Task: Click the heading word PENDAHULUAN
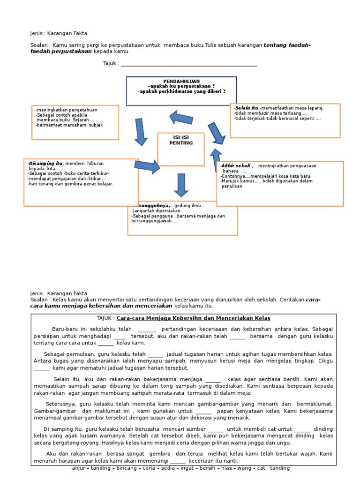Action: point(181,82)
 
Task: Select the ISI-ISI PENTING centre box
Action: point(180,149)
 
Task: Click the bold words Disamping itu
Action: point(46,163)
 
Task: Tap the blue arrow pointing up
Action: point(216,160)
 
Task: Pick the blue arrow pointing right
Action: point(147,167)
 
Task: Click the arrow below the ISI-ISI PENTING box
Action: point(181,185)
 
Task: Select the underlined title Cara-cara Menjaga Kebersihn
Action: point(194,318)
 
